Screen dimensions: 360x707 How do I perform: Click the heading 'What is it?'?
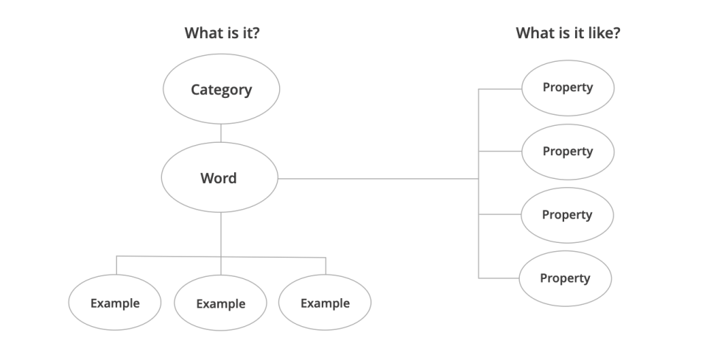point(221,33)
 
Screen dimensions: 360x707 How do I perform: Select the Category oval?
point(221,91)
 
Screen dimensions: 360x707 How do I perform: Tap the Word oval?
point(219,177)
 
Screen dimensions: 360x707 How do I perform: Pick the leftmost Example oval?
point(115,303)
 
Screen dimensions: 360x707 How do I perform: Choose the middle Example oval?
point(220,303)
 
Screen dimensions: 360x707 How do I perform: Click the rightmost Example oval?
point(325,303)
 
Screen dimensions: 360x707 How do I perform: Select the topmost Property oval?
point(567,88)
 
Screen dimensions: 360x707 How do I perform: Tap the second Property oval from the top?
point(567,152)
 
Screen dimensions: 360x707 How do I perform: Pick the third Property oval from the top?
point(567,215)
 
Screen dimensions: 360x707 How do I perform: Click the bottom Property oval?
point(565,278)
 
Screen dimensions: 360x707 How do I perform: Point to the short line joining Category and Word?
point(221,133)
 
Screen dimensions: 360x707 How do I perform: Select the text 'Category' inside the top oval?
point(221,91)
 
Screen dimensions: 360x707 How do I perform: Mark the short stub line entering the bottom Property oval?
point(499,278)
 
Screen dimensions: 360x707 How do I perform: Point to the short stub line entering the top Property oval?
point(501,88)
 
